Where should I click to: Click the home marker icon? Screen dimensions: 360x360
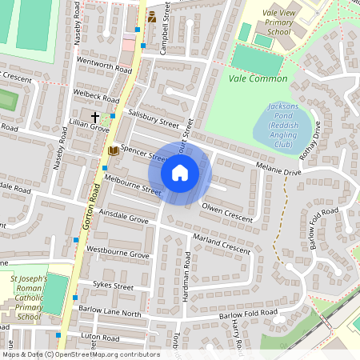(x=180, y=173)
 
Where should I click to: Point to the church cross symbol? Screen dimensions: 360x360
(x=94, y=117)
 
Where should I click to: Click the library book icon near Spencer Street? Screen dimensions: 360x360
(x=113, y=150)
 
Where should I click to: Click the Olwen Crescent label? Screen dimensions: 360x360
(x=227, y=213)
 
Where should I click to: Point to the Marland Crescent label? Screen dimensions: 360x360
(x=222, y=244)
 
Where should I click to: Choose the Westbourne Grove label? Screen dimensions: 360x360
(x=118, y=253)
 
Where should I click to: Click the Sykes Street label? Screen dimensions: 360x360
(x=112, y=285)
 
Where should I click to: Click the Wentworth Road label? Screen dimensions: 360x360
(x=103, y=66)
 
